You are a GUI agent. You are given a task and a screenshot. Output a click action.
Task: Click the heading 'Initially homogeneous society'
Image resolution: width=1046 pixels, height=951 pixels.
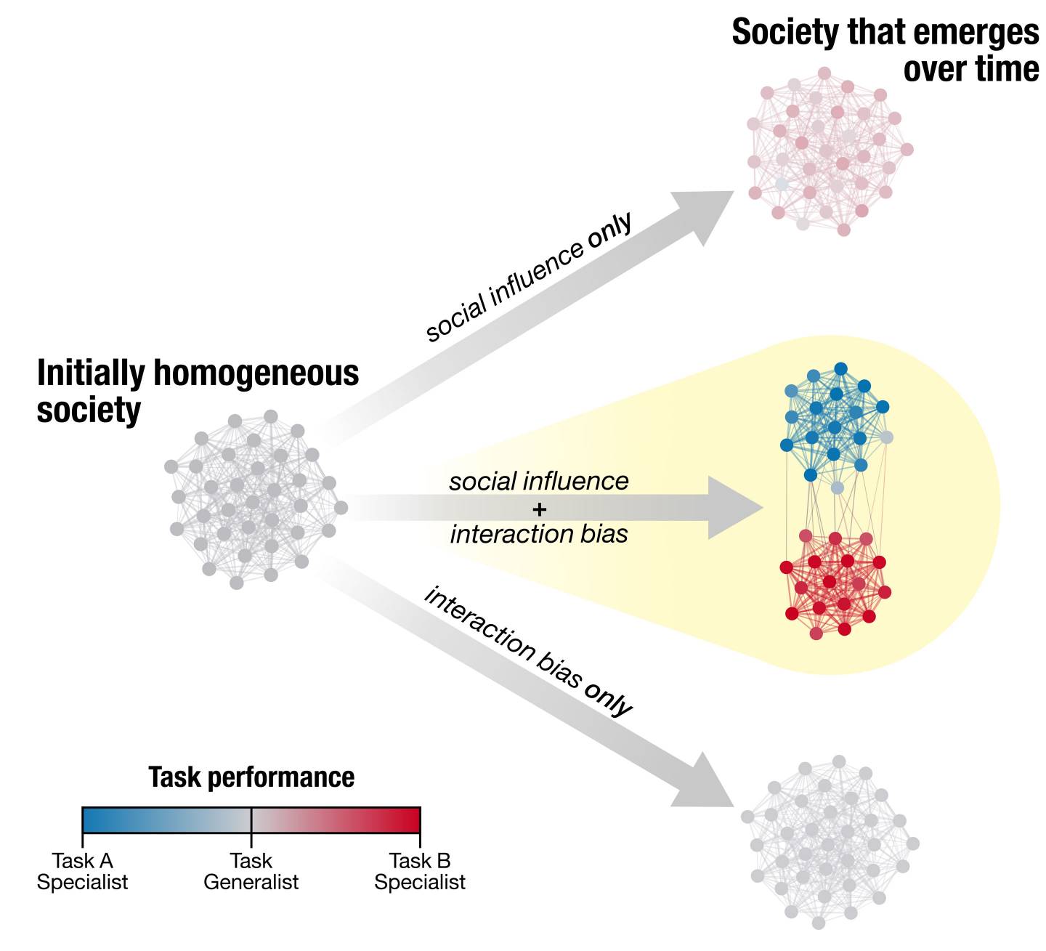coord(198,390)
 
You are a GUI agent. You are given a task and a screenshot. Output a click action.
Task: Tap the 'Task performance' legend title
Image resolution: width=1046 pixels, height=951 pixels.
coord(251,777)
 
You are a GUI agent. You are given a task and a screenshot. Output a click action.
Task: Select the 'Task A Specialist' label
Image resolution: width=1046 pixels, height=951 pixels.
coord(82,871)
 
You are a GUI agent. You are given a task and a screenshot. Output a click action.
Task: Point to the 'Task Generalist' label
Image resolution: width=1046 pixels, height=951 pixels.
coord(251,871)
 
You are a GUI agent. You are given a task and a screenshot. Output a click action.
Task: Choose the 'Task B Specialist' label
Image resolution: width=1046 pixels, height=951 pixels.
coord(419,871)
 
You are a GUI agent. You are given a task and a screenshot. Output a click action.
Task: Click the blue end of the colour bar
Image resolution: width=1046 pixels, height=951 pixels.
coord(91,820)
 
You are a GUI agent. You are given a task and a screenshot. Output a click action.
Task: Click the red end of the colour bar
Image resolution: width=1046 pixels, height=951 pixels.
coord(412,820)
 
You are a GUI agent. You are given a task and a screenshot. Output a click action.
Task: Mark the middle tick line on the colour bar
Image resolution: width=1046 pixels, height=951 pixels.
coord(251,820)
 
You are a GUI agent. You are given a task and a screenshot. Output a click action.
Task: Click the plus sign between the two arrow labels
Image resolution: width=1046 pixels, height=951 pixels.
coord(539,509)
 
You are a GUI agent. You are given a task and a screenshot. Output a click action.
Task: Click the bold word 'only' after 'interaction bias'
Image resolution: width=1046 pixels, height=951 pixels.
coord(609,699)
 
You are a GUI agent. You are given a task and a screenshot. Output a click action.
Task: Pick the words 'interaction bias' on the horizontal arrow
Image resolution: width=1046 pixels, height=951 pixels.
coord(539,534)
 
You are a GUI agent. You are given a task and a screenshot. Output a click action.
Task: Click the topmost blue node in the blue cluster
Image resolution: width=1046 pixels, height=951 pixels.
coord(840,368)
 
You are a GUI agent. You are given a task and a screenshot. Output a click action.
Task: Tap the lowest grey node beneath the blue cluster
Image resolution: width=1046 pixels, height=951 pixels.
coord(838,487)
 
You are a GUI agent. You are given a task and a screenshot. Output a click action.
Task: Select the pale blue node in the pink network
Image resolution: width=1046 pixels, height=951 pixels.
coord(782,184)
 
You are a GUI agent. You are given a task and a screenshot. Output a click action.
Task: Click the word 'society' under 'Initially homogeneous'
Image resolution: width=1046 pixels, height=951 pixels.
coord(89,410)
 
